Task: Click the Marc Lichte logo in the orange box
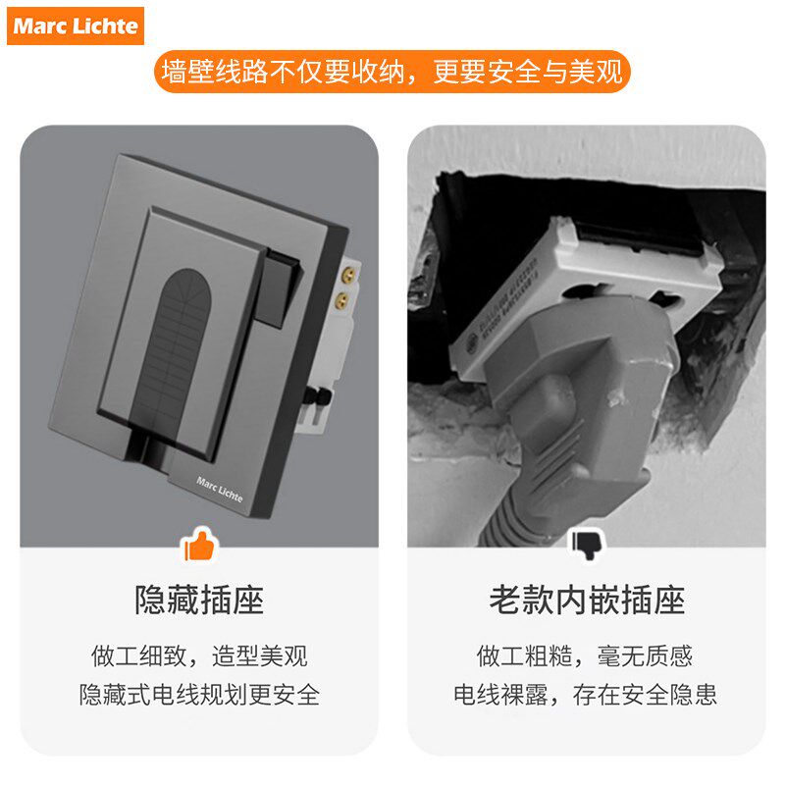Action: pyautogui.click(x=76, y=26)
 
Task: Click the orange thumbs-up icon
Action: pyautogui.click(x=198, y=544)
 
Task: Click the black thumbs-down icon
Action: pyautogui.click(x=586, y=544)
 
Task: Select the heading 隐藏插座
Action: pyautogui.click(x=199, y=600)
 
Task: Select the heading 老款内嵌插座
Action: pyautogui.click(x=587, y=600)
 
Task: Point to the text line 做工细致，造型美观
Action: pyautogui.click(x=199, y=655)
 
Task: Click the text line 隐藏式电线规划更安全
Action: pyautogui.click(x=199, y=695)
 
